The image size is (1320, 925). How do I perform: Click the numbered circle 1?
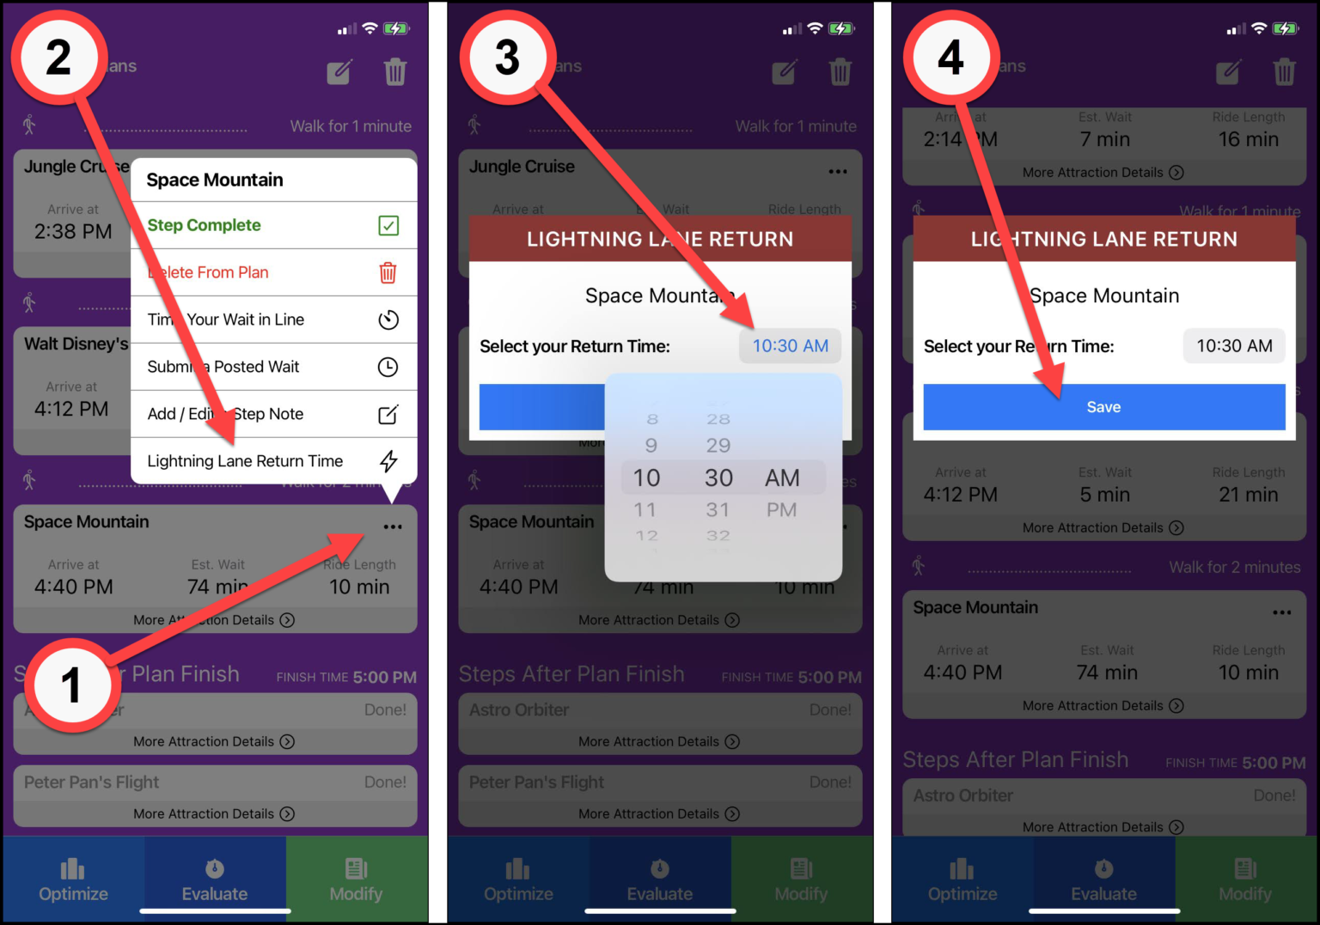coord(70,685)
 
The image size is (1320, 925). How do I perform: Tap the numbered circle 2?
coord(58,58)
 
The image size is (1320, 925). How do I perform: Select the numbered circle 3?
coord(507,58)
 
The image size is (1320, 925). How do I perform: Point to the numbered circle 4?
coord(950,58)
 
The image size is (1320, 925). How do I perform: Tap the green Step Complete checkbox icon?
coord(388,226)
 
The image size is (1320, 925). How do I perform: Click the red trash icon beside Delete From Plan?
coord(388,273)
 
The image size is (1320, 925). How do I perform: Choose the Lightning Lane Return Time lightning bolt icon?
coord(388,461)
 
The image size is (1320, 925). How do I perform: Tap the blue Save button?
coord(1103,407)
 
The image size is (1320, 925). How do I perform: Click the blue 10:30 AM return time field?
coord(790,346)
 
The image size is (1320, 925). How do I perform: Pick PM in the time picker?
coord(781,510)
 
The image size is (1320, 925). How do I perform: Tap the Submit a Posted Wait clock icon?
coord(388,368)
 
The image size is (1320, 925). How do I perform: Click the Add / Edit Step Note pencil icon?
coord(388,415)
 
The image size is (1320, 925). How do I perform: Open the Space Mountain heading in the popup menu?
coord(215,180)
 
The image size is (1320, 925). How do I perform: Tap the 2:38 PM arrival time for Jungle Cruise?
coord(73,232)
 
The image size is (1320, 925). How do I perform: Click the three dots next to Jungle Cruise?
coord(838,172)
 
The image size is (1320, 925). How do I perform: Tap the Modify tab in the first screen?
coord(356,879)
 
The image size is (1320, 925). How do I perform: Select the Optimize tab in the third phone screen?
coord(962,879)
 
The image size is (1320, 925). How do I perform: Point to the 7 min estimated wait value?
coord(1104,139)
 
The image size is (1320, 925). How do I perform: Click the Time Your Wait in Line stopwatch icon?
coord(388,320)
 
